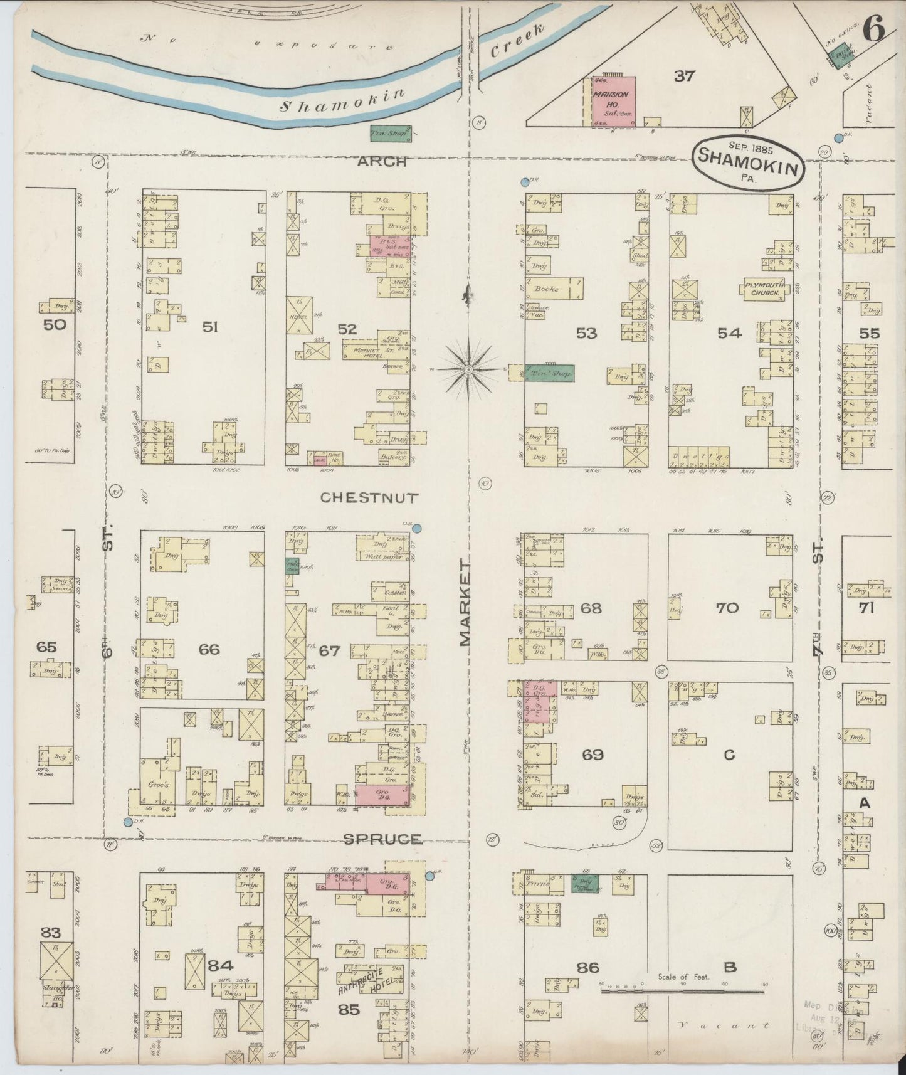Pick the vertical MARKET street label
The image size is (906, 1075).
point(465,603)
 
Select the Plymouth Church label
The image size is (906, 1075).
point(764,289)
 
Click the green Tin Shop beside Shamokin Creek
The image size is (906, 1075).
point(390,132)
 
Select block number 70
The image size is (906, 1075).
point(727,607)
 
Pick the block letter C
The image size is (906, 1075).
point(729,755)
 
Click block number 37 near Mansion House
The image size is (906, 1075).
point(685,76)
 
